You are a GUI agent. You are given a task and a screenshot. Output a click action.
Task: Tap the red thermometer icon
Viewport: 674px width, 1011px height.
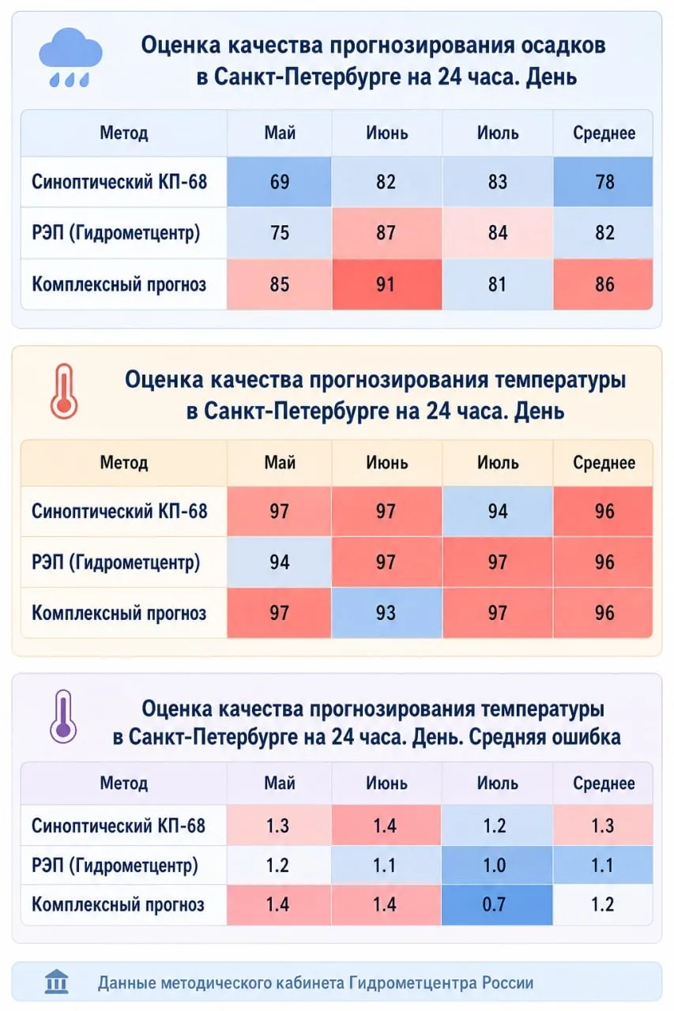click(64, 391)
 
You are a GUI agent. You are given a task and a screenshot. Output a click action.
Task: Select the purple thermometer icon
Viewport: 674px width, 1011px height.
click(63, 716)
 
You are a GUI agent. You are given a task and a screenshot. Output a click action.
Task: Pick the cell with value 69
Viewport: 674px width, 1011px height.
click(279, 182)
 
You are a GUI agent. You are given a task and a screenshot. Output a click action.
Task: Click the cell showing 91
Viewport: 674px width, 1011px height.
click(387, 284)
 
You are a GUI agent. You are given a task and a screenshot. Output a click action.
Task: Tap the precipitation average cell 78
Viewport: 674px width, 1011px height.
click(603, 182)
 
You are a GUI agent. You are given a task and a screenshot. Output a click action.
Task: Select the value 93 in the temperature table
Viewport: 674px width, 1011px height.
click(387, 613)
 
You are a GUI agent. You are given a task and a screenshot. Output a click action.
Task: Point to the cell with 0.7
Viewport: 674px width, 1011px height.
click(496, 904)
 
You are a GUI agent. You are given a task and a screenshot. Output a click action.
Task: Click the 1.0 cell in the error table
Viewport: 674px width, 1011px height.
click(496, 865)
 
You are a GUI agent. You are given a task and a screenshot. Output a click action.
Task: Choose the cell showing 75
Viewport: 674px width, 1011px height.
click(279, 233)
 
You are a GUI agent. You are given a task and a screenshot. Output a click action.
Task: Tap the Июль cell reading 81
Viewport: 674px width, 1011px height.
click(498, 284)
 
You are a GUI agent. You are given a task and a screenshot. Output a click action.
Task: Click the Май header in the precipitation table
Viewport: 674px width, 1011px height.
click(280, 133)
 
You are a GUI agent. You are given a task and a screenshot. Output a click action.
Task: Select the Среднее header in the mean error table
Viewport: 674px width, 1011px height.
click(604, 783)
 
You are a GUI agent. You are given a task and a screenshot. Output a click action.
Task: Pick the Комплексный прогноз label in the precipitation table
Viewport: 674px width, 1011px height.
click(119, 284)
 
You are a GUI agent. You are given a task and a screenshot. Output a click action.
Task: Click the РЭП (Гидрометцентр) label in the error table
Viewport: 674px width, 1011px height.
click(115, 865)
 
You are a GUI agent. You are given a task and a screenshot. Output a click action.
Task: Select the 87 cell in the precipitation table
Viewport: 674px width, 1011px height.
click(387, 233)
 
